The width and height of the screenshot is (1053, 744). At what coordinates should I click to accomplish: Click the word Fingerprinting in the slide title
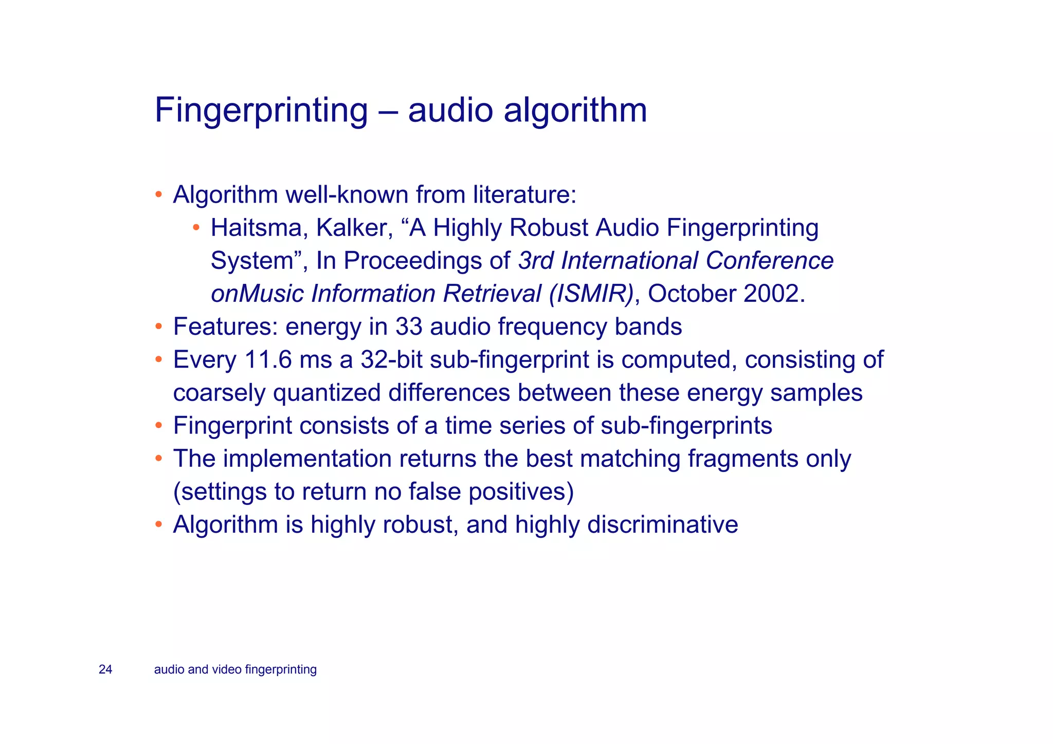click(261, 111)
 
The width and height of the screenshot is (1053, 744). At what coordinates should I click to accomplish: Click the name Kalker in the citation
click(354, 228)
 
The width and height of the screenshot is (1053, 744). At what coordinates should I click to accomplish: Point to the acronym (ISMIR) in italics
click(591, 294)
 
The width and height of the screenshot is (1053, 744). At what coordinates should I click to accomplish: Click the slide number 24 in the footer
click(105, 669)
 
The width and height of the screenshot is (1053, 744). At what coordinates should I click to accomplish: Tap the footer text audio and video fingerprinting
click(235, 669)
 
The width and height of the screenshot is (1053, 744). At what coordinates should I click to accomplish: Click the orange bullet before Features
click(159, 327)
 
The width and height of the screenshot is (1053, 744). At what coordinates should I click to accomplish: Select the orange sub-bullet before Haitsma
click(196, 228)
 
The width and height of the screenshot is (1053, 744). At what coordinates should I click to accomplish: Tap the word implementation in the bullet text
click(307, 459)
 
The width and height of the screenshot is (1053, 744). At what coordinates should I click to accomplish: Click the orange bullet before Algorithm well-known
click(159, 195)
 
